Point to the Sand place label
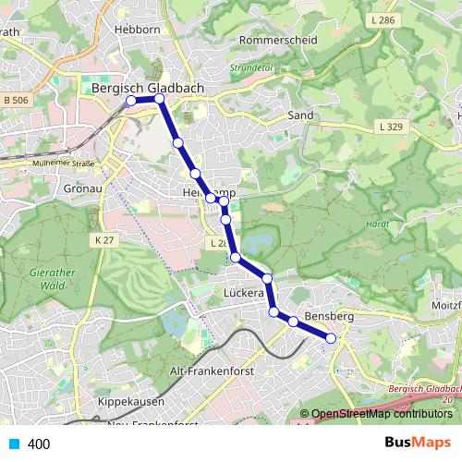coord(301,115)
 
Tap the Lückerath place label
coord(245,293)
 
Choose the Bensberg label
coord(330,317)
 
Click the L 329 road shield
coord(389,126)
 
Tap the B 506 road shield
coord(15,100)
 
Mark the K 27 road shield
coord(103,240)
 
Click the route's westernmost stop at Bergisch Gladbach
coord(131,100)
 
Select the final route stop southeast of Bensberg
coord(331,340)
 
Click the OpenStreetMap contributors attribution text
coord(381,414)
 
